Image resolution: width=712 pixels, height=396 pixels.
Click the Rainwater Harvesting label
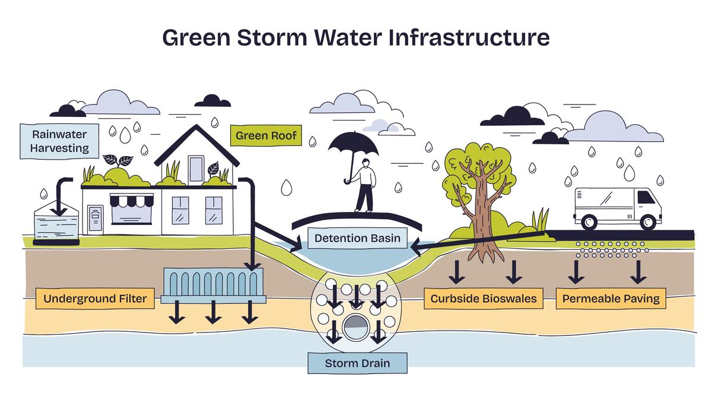pos(61,141)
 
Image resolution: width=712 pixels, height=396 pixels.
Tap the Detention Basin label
pos(357,239)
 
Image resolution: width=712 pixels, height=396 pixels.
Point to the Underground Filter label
pos(95,298)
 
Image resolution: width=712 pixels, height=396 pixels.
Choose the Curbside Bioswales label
pos(484,299)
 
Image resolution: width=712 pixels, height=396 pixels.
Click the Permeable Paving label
pos(611,299)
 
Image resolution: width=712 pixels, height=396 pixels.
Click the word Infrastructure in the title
pos(469,38)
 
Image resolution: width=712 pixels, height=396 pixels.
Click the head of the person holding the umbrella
pos(367,163)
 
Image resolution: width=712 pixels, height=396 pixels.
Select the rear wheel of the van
pos(589,221)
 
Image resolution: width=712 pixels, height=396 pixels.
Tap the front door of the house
pos(95,220)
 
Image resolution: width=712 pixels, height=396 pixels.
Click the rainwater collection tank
pos(57,224)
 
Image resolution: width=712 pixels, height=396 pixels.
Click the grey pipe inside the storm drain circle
pos(355,325)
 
